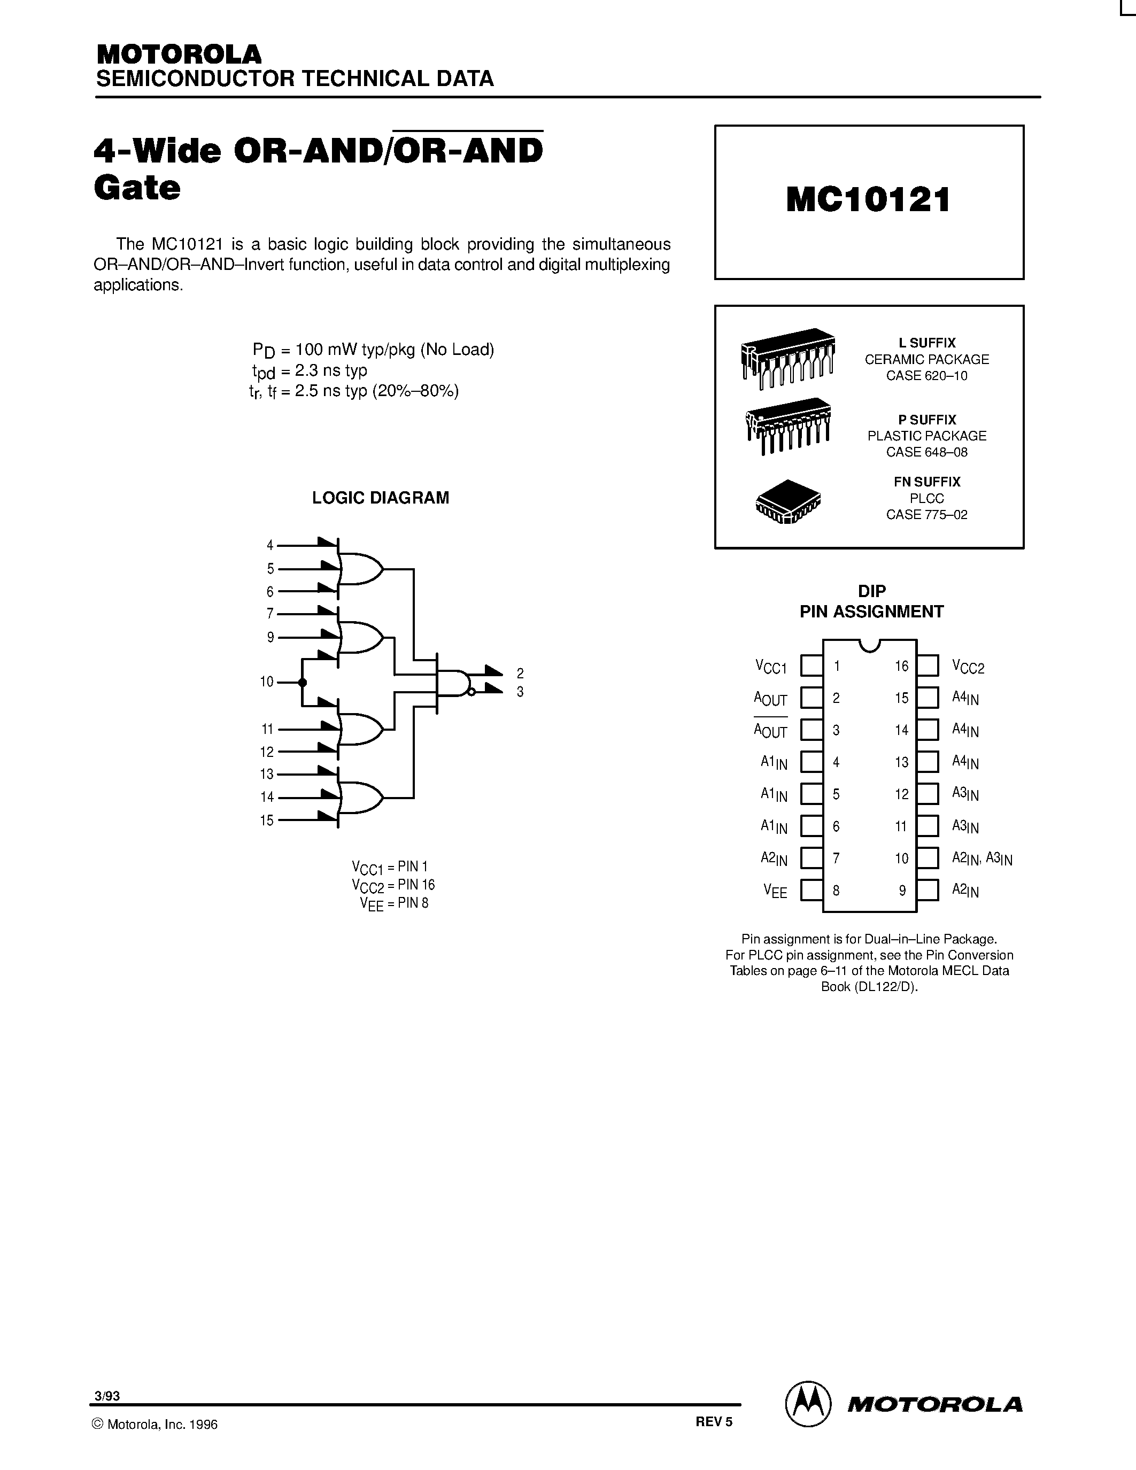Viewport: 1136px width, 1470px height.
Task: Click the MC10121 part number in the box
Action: coord(868,200)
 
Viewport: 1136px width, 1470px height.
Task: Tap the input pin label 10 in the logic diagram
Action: coord(267,682)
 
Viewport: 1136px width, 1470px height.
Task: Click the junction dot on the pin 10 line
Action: coord(302,683)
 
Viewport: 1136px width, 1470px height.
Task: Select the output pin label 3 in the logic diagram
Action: coord(520,692)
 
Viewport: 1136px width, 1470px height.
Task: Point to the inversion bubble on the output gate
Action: coord(472,692)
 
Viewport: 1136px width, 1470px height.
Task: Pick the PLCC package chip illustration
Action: coord(788,501)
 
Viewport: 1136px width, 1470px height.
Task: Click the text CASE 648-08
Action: coord(926,452)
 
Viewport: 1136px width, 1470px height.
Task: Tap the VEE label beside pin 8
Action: coord(775,891)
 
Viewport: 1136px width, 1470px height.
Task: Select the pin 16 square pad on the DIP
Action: coord(928,666)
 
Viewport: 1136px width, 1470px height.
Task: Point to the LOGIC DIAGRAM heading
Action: coord(380,498)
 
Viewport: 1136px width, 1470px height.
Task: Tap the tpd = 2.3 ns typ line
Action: coord(310,371)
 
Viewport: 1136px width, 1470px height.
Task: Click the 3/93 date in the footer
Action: coord(107,1396)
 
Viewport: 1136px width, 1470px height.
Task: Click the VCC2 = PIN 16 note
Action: coord(393,885)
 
